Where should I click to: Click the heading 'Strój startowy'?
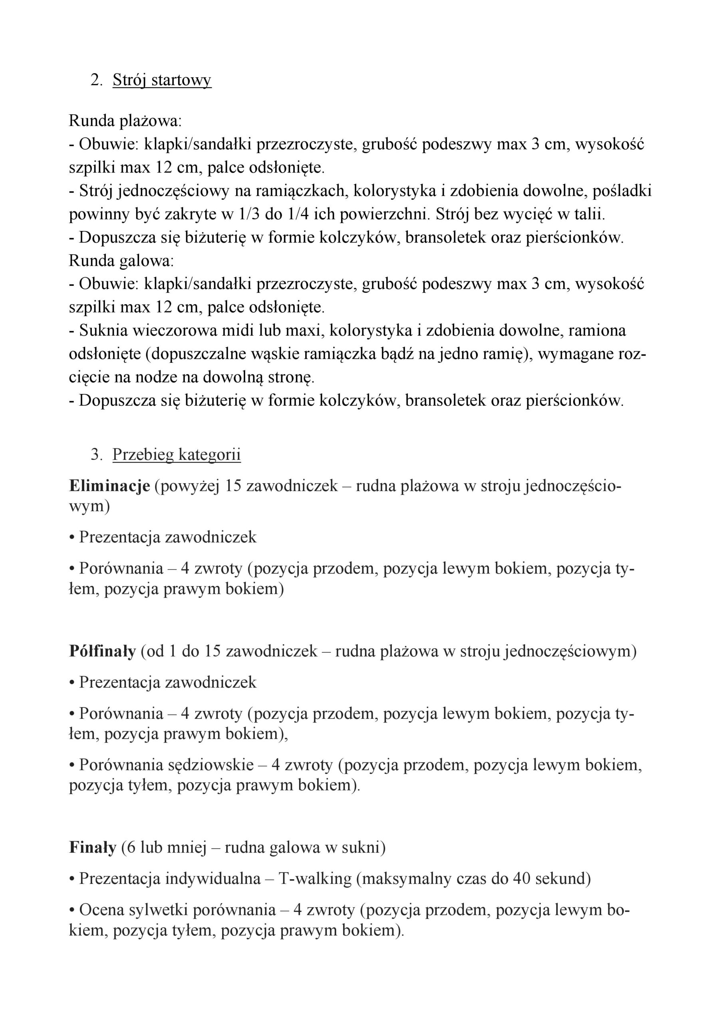tap(162, 81)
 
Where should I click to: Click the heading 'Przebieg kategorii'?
tap(177, 454)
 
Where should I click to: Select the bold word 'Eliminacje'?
tap(109, 486)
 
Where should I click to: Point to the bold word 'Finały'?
tap(93, 847)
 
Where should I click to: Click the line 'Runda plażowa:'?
tap(125, 121)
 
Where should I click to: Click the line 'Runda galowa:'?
tap(121, 261)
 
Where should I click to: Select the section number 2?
tap(96, 81)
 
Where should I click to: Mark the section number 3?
tap(96, 454)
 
